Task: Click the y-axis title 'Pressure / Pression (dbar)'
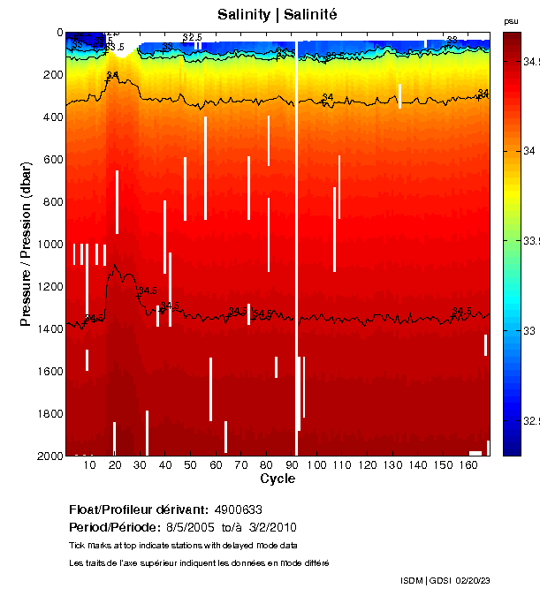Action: [27, 243]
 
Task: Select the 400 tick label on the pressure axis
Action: [49, 117]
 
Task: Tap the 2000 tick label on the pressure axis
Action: [46, 456]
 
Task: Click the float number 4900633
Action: [238, 510]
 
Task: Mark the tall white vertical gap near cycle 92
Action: [296, 247]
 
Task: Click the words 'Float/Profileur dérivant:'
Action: [138, 510]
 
